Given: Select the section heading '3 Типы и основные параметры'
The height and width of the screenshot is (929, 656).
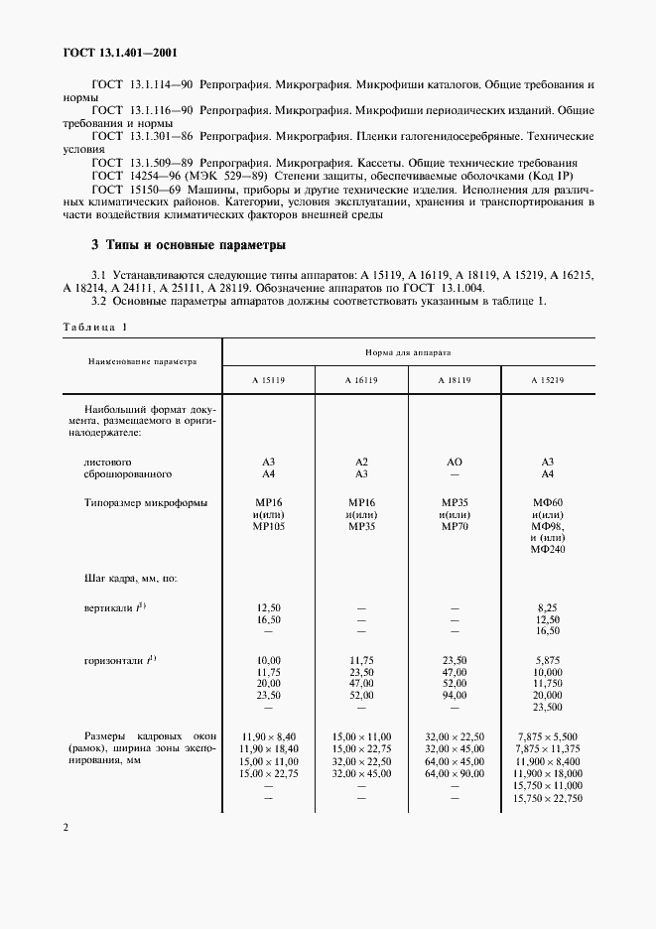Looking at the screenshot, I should [189, 243].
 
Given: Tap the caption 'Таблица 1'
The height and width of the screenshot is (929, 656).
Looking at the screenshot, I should [95, 327].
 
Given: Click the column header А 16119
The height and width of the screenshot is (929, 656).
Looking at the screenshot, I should [361, 380].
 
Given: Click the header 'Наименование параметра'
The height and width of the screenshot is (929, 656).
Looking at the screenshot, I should [141, 362].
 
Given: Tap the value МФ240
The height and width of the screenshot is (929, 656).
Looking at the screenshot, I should [547, 549].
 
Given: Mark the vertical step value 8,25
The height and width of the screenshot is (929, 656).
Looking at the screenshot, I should [547, 605].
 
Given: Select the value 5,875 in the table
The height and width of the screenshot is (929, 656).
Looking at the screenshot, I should [547, 659].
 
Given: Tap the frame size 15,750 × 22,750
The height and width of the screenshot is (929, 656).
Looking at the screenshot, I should [548, 798].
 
